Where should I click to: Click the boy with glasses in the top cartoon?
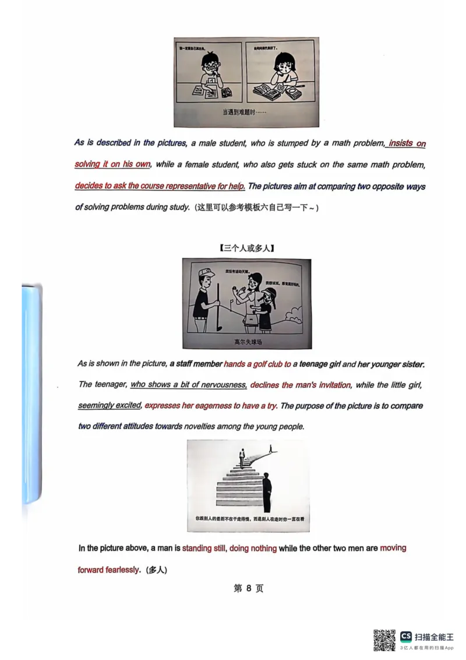point(210,73)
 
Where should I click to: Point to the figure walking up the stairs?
point(241,458)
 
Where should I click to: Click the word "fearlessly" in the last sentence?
point(121,570)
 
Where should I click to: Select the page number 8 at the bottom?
point(249,588)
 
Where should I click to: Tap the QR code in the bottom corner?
point(384,640)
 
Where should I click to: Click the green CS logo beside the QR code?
point(406,636)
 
